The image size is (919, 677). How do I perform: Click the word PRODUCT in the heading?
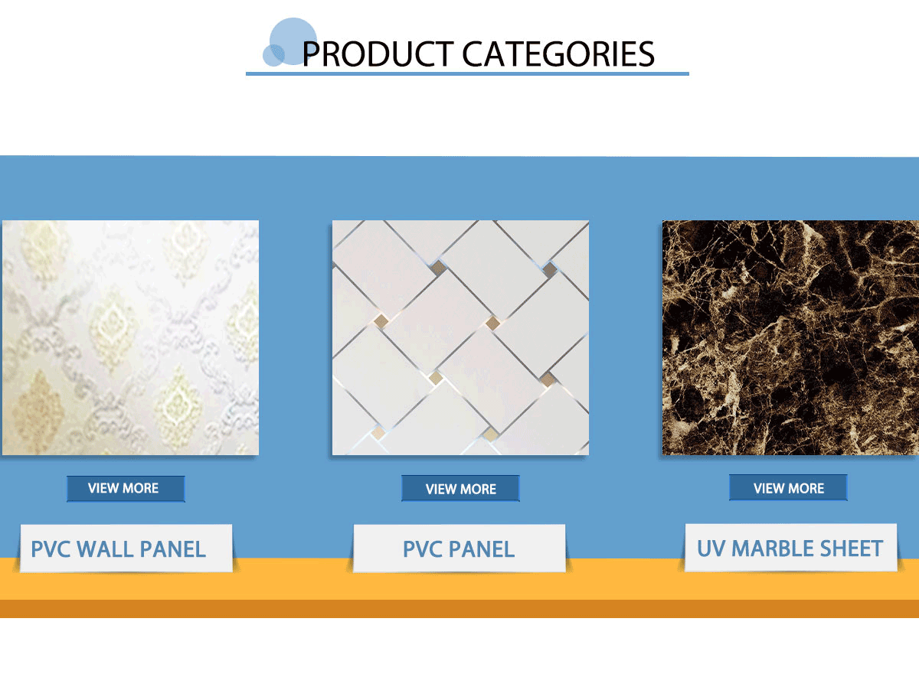point(378,54)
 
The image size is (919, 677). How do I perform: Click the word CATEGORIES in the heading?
point(558,54)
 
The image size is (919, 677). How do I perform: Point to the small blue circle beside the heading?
point(273,55)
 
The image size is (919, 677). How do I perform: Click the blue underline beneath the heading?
point(467,73)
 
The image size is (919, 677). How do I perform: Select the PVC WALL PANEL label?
point(126,548)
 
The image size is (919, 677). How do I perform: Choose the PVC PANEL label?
point(459,548)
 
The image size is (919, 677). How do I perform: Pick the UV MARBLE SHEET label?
point(791,548)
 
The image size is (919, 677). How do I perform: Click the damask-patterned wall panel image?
point(130,337)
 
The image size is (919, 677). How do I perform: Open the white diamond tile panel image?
point(460,337)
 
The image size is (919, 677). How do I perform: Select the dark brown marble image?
point(790,337)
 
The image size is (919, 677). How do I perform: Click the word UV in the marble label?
point(711,548)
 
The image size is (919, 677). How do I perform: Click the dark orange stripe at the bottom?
point(459,609)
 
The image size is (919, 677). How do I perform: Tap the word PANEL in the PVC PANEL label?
point(482,549)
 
